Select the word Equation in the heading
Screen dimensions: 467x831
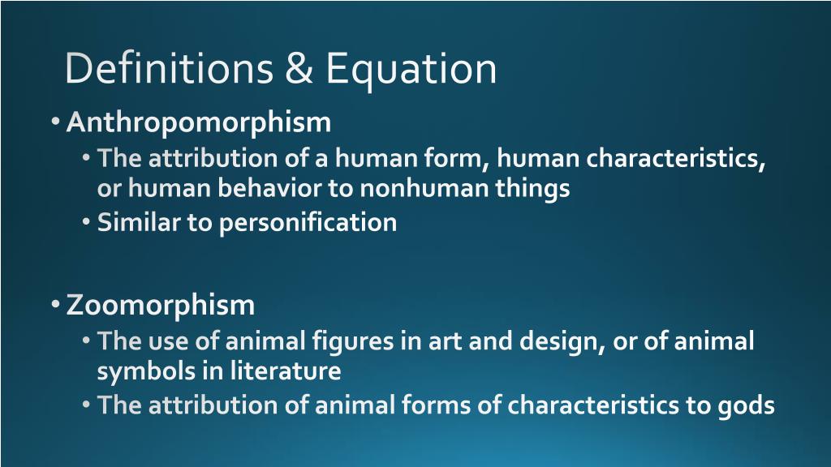(411, 71)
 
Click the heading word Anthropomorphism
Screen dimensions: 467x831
(199, 122)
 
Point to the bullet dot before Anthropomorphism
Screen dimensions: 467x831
(54, 122)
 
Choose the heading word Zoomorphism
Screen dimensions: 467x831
(161, 306)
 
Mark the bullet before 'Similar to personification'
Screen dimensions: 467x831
(87, 222)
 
